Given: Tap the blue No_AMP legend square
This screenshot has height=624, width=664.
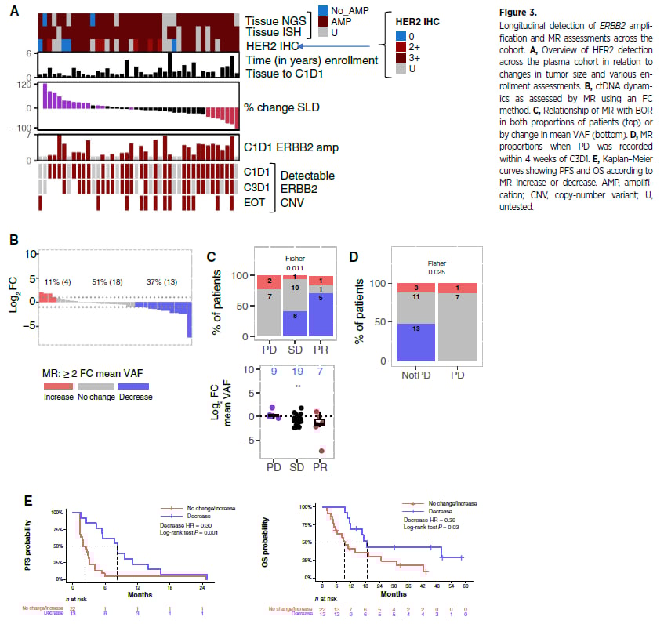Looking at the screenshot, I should coord(322,11).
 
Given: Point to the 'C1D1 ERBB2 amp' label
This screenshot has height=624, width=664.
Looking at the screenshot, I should coord(285,146).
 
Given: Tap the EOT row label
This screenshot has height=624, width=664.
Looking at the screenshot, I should coord(255,203).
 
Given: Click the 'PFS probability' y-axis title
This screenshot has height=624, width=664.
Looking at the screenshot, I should coord(50,544).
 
